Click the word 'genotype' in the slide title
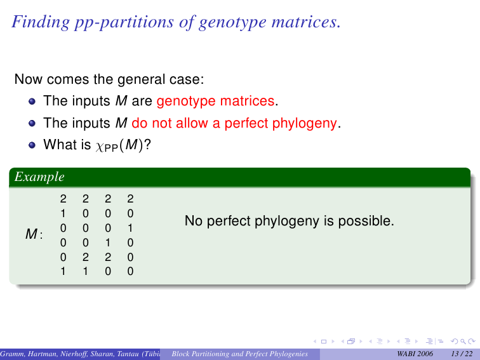(232, 22)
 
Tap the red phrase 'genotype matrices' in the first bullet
(215, 101)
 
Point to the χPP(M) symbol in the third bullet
(119, 145)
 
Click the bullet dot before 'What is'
(32, 145)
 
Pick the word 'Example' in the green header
(39, 177)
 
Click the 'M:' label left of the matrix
(34, 234)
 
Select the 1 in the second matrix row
(63, 213)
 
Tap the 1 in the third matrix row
(130, 228)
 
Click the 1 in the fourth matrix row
(108, 243)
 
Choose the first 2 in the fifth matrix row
(86, 257)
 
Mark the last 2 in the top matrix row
(130, 199)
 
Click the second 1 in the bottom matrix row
(86, 271)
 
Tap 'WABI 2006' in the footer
(415, 354)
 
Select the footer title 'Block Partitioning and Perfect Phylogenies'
(240, 354)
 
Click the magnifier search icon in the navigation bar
(463, 342)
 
